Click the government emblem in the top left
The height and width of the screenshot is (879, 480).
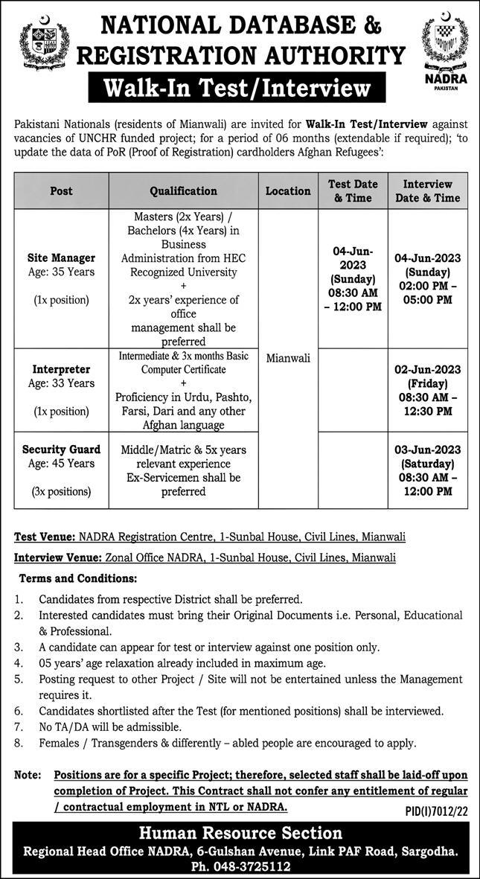click(x=43, y=46)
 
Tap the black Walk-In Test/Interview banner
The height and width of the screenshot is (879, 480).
click(x=239, y=89)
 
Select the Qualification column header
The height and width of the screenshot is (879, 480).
click(x=184, y=191)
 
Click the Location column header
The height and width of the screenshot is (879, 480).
click(x=288, y=191)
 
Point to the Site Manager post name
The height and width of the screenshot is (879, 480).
click(x=62, y=258)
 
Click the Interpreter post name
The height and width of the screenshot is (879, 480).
click(x=62, y=369)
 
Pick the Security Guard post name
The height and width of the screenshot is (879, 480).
click(x=62, y=450)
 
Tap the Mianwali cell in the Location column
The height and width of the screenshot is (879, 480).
click(x=288, y=358)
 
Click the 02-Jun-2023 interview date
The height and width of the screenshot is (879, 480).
click(x=428, y=370)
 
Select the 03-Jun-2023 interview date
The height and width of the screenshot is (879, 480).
click(x=428, y=450)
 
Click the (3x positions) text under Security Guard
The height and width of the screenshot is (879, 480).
click(x=62, y=491)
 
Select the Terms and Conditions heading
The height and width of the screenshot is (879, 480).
click(x=67, y=578)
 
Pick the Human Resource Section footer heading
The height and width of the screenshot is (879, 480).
click(x=240, y=833)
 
